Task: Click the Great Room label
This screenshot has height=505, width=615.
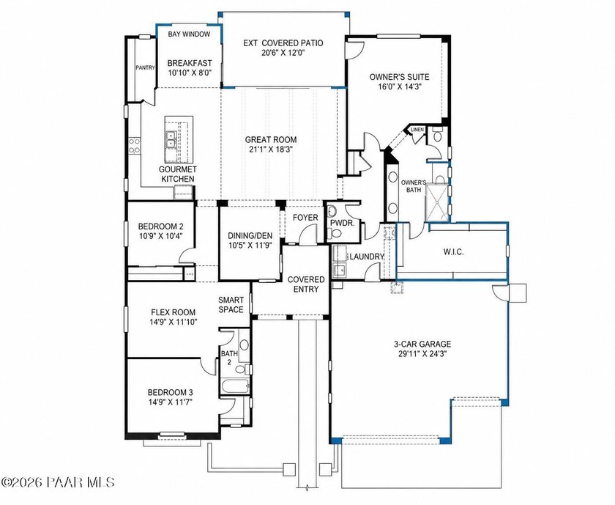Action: [x=271, y=139]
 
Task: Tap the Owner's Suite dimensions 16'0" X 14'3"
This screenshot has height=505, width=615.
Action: [x=399, y=86]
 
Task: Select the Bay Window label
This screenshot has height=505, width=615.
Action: [x=189, y=34]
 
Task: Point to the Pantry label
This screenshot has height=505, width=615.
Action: [x=145, y=67]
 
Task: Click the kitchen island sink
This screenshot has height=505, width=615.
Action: [x=171, y=139]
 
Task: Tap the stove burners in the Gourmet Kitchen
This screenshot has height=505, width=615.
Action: [x=134, y=145]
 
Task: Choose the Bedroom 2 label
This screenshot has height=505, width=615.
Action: [x=160, y=226]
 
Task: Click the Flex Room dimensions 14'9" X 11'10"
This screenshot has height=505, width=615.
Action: [x=173, y=322]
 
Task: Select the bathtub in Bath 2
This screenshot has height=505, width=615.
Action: [x=235, y=386]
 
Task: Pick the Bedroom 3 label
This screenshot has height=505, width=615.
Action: [x=170, y=392]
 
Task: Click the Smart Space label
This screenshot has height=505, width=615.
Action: [x=231, y=305]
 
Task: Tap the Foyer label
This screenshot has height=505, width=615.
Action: [x=305, y=218]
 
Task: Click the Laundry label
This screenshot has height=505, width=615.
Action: [x=366, y=257]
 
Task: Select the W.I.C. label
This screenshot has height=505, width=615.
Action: [x=453, y=251]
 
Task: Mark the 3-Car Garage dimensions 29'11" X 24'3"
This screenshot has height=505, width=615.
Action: [x=422, y=353]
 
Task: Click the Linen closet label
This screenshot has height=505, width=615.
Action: [x=417, y=130]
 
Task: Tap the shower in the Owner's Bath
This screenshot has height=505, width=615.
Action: [x=437, y=202]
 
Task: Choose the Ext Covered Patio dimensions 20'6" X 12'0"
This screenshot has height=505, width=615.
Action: [x=283, y=53]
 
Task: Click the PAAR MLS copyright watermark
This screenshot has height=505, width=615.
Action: [x=58, y=482]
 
